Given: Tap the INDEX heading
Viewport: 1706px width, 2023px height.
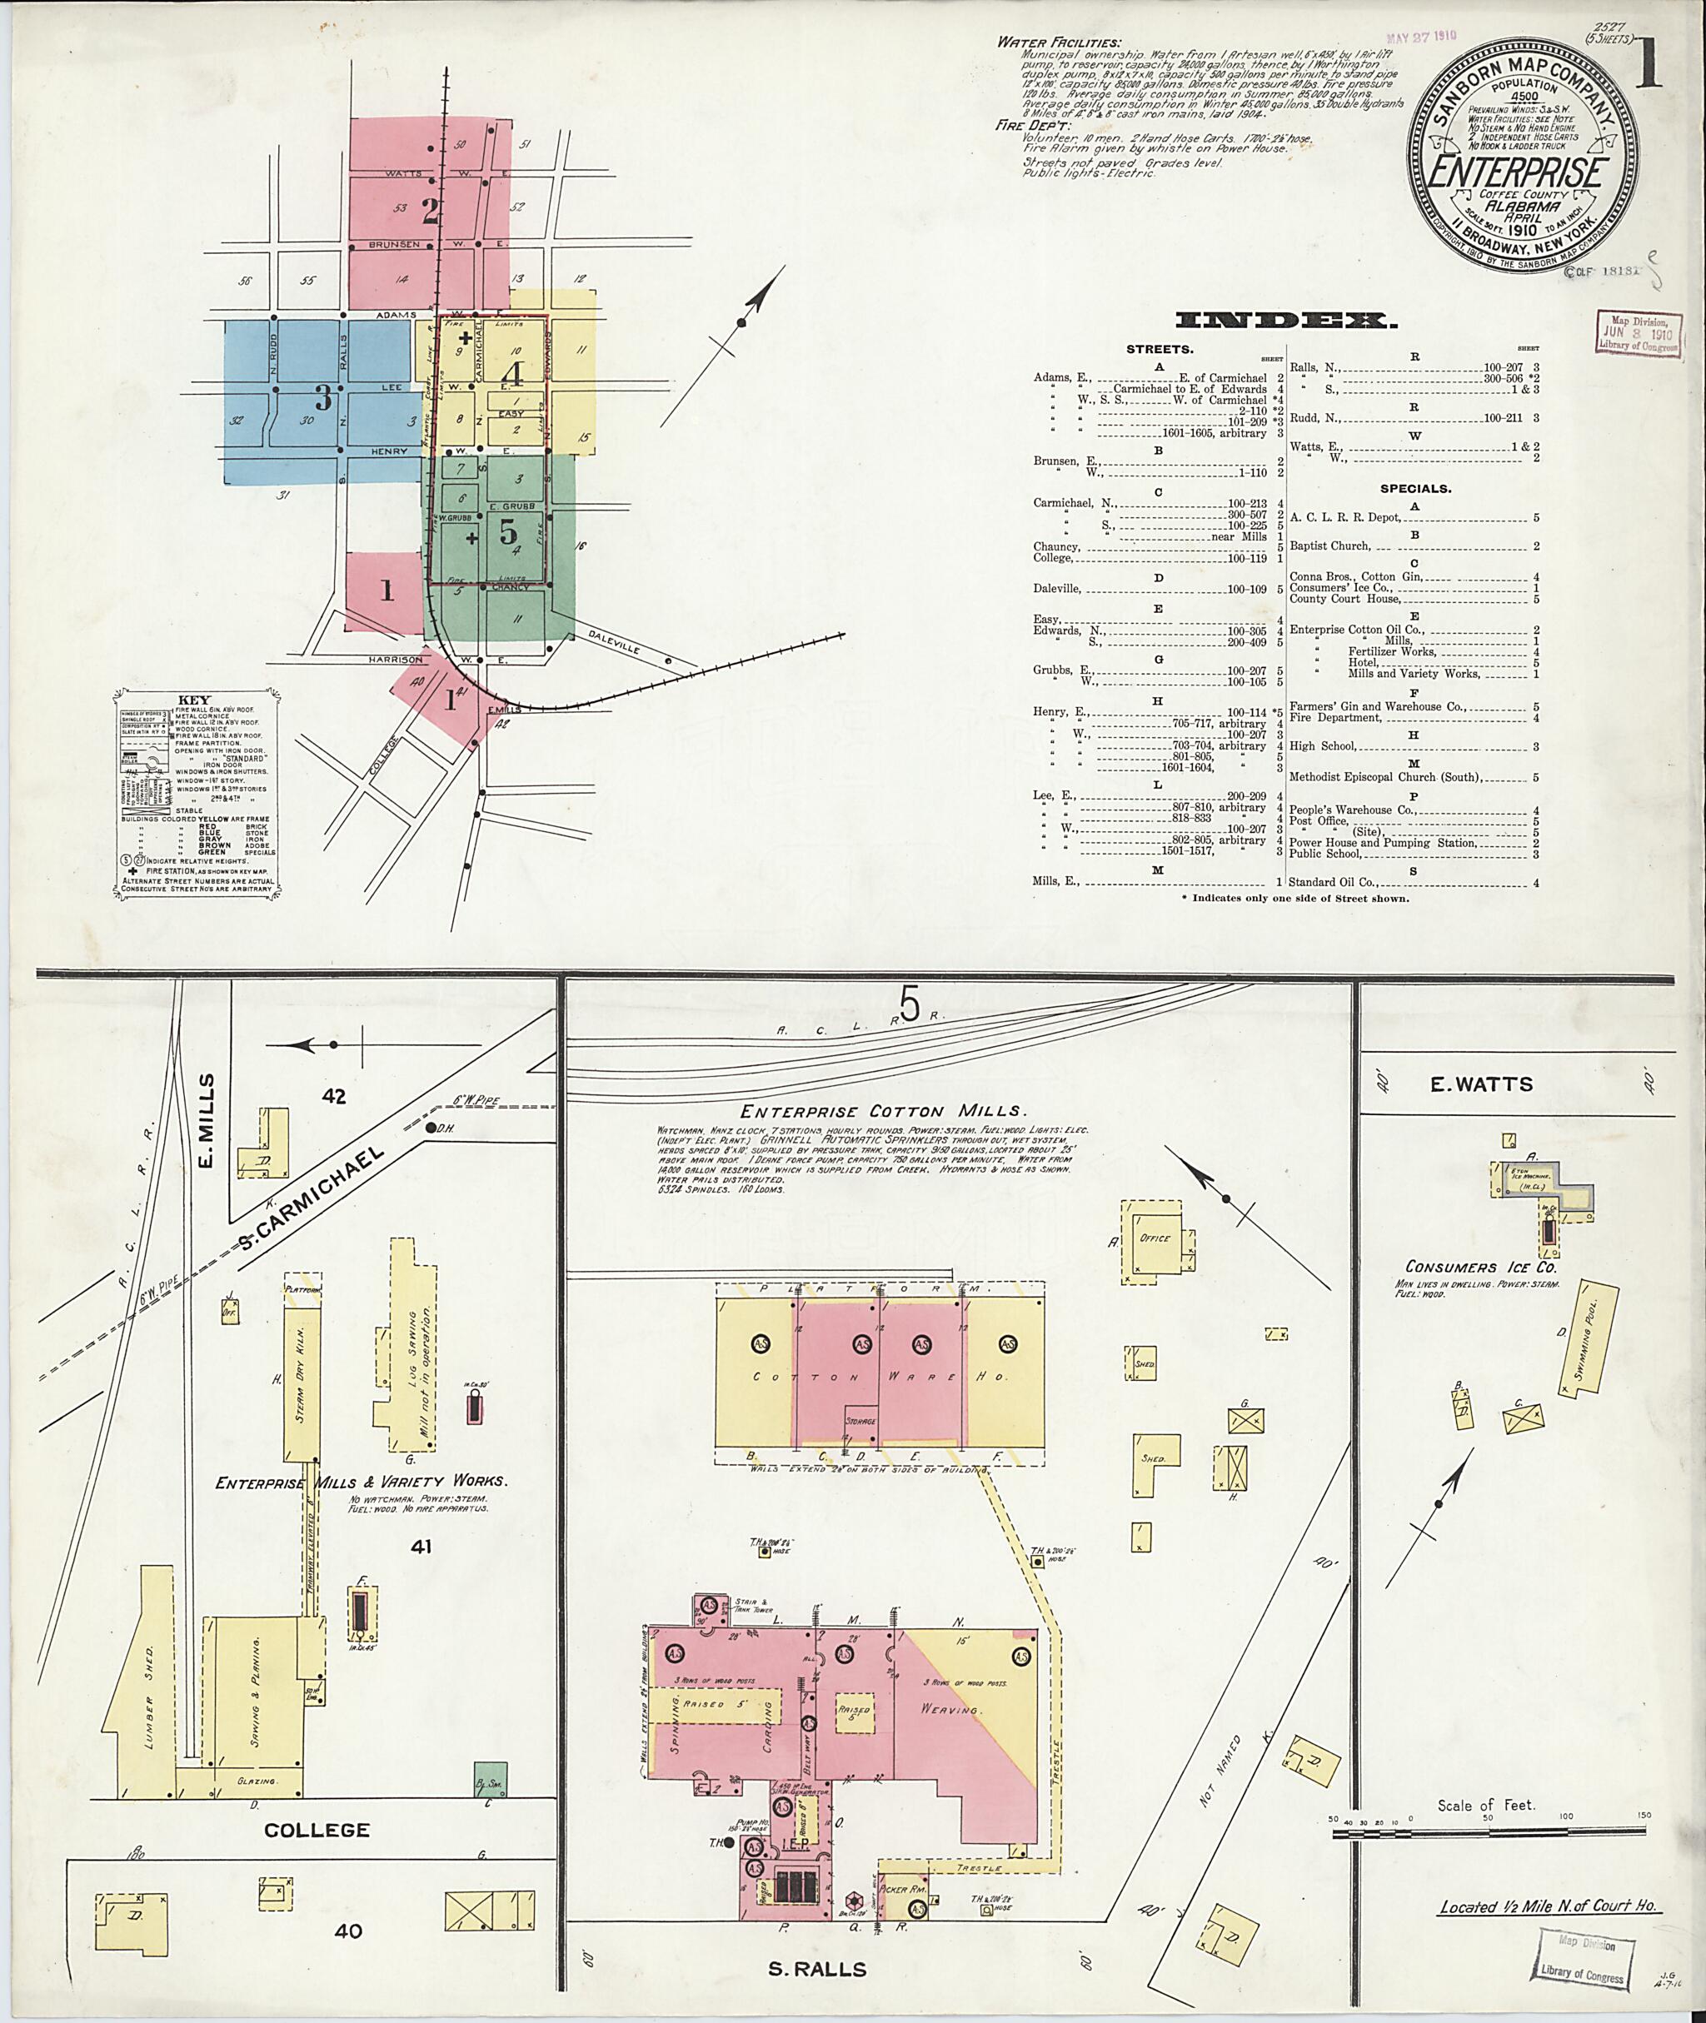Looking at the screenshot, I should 1285,320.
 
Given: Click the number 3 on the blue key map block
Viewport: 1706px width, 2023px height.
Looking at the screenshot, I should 323,396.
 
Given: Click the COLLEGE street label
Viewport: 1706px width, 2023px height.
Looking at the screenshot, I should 317,1830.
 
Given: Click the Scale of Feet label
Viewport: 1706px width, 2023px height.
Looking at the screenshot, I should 1485,1806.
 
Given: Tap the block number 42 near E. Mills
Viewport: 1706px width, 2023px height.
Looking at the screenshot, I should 335,1097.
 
